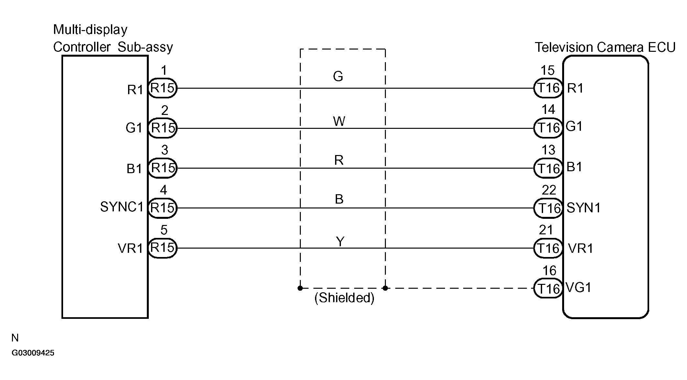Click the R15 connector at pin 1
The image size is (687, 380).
click(x=162, y=88)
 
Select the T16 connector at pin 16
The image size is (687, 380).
click(x=548, y=288)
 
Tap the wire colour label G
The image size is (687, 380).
click(x=338, y=77)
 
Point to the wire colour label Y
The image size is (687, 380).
click(x=340, y=241)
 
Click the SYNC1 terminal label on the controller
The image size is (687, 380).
click(x=122, y=207)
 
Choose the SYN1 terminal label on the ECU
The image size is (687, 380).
click(x=583, y=208)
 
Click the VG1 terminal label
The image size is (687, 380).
click(x=579, y=287)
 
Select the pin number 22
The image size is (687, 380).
click(x=549, y=190)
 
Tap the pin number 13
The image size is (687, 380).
click(x=548, y=150)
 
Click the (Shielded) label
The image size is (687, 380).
click(x=344, y=298)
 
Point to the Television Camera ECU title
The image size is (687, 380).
click(x=605, y=47)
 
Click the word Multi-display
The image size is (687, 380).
click(x=90, y=30)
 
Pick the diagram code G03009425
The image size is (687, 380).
click(x=33, y=353)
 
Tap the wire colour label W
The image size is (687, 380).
click(x=339, y=121)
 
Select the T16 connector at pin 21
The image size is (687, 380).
click(x=548, y=248)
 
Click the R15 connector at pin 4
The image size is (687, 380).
click(x=162, y=208)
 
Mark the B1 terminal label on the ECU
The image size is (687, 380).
click(x=574, y=167)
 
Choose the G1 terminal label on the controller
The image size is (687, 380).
click(x=134, y=128)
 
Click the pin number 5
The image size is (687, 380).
click(x=164, y=230)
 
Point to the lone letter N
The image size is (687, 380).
click(x=15, y=338)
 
